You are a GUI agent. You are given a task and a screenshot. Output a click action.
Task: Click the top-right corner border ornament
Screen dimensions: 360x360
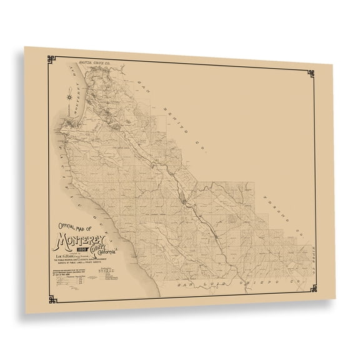pos(309,75)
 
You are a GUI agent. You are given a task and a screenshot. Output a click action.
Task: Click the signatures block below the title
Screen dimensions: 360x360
pos(101,280)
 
